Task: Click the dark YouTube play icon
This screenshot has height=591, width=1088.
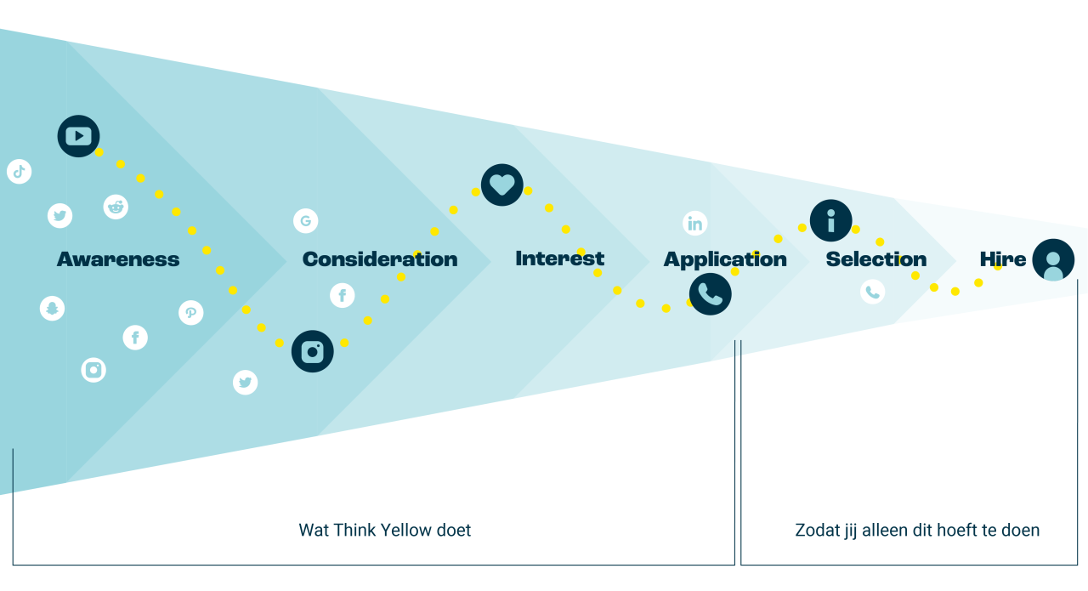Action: [78, 136]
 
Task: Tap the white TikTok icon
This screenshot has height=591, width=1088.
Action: [19, 171]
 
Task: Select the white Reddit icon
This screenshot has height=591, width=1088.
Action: [116, 207]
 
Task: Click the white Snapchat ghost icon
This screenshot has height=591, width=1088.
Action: [52, 308]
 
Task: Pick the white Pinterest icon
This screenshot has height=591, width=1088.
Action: [190, 313]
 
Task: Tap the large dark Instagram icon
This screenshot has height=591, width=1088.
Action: [312, 351]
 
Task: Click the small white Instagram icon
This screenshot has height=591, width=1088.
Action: [93, 370]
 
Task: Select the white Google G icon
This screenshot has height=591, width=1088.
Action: [305, 221]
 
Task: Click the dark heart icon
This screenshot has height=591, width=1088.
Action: [501, 185]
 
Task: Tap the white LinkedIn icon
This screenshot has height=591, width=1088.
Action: [694, 224]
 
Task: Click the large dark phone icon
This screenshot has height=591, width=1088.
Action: [710, 294]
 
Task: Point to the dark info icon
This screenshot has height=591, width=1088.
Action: [830, 220]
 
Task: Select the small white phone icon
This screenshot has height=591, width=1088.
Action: [872, 292]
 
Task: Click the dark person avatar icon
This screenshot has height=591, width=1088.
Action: [1052, 260]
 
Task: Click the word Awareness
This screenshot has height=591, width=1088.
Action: [118, 259]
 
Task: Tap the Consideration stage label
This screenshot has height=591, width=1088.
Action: [379, 259]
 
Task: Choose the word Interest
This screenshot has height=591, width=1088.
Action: [559, 259]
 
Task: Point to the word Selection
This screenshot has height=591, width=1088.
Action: [875, 259]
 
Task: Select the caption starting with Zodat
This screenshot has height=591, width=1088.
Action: [916, 531]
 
